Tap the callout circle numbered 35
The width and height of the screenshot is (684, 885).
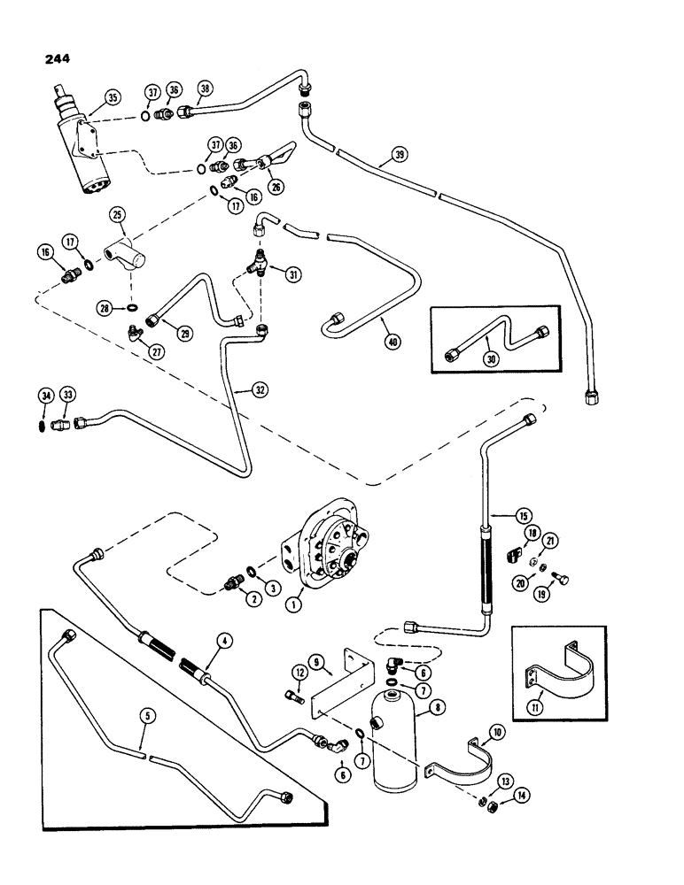click(112, 98)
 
